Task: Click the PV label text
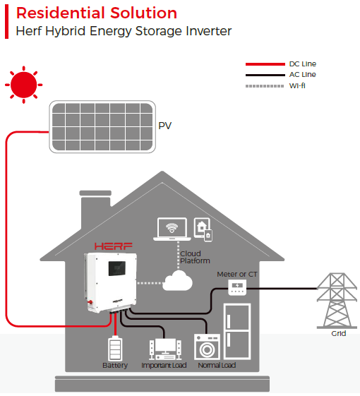coord(165,127)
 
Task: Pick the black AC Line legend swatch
coord(265,75)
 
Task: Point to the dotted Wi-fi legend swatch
coord(265,85)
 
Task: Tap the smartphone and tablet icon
coord(203,229)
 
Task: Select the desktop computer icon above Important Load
coord(162,348)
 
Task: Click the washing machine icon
coord(206,347)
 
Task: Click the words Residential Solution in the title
coord(97,13)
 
